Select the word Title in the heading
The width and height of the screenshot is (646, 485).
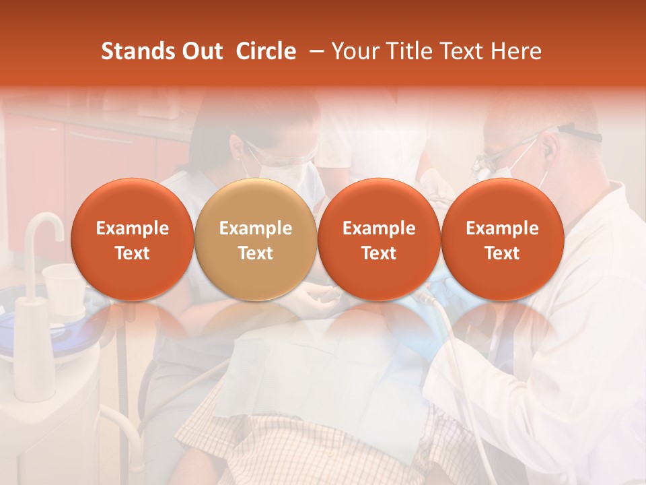click(x=407, y=51)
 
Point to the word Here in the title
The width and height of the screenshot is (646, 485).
click(x=517, y=51)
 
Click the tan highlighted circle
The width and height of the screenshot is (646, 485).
click(x=256, y=240)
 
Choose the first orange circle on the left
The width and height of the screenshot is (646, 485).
click(x=133, y=240)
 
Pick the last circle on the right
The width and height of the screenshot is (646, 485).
click(x=503, y=240)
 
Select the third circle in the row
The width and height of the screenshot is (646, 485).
click(x=379, y=240)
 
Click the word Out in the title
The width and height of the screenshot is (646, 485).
click(x=202, y=51)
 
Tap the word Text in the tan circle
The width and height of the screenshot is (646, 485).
click(x=256, y=253)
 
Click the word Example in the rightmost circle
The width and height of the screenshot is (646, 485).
click(x=503, y=228)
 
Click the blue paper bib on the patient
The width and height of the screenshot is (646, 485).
click(x=323, y=377)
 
